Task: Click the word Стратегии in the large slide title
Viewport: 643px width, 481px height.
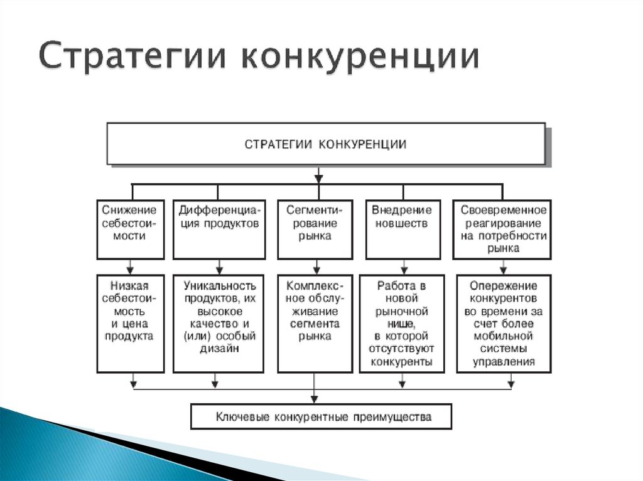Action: tap(132, 55)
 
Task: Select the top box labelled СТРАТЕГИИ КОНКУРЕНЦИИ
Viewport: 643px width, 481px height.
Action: tap(327, 144)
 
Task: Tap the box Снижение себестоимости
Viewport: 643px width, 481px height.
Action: tap(131, 230)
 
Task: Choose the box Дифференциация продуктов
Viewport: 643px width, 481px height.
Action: tap(219, 230)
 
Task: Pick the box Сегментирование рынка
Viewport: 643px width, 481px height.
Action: tap(315, 230)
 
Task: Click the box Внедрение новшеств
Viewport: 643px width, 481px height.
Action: tap(403, 230)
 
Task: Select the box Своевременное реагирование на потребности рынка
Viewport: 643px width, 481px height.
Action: tap(502, 230)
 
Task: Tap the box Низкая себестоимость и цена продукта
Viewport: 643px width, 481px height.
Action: tap(131, 324)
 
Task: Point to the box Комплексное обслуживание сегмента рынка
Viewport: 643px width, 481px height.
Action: tap(315, 324)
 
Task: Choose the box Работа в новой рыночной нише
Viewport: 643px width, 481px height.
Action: tap(402, 324)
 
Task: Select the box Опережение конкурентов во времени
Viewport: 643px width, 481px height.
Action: tap(504, 324)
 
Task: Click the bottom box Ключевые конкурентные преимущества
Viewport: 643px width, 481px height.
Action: tap(321, 416)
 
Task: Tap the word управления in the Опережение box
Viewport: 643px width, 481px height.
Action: tap(504, 362)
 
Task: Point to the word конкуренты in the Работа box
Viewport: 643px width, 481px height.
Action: tap(401, 362)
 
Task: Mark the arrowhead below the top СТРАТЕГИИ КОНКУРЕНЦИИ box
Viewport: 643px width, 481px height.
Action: tap(318, 179)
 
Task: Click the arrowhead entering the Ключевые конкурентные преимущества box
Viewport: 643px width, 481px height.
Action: tap(315, 399)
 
